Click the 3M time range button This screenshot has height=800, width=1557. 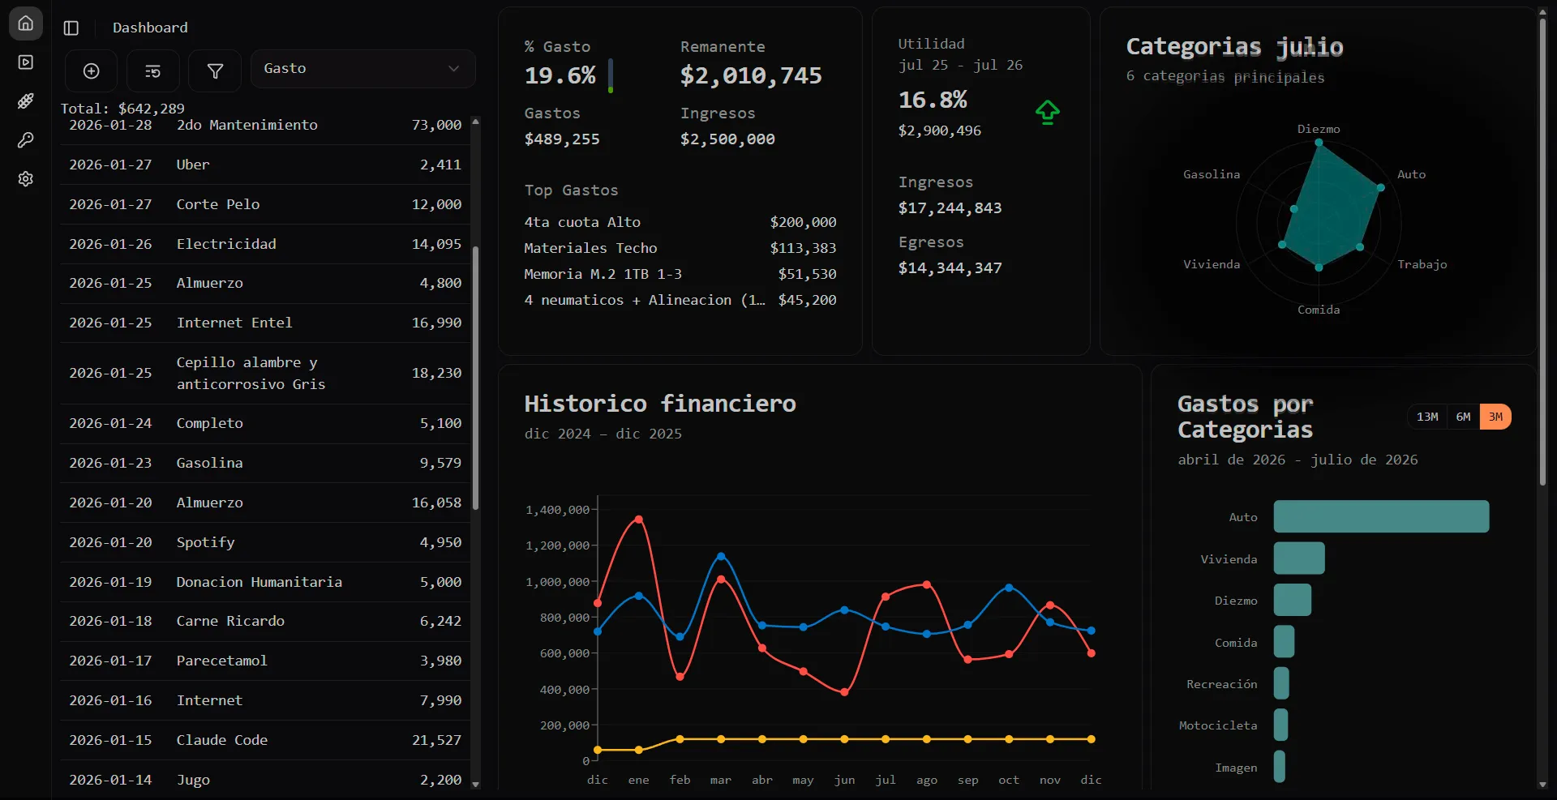(1495, 417)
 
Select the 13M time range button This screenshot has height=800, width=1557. (1427, 417)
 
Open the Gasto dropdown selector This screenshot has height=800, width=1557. (362, 69)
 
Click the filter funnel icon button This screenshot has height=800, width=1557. (215, 71)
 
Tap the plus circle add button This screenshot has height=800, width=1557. (92, 71)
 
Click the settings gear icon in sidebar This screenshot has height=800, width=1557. (26, 178)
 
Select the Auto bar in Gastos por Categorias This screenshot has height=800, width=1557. (1381, 516)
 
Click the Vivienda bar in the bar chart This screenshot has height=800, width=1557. (1299, 558)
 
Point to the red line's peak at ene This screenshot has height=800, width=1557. (639, 519)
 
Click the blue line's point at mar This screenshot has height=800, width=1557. (721, 556)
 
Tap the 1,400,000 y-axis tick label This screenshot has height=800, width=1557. (557, 510)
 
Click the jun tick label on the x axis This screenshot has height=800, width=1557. (844, 780)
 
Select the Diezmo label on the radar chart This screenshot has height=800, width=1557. (1319, 129)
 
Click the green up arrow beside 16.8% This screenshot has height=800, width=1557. (1048, 112)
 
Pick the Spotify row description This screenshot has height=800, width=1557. (206, 542)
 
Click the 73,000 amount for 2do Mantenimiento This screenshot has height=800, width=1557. (436, 125)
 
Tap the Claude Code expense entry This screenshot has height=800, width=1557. (222, 740)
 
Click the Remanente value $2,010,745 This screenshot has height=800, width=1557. (751, 75)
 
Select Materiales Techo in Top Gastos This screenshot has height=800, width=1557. (590, 248)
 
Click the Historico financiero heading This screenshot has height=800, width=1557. (660, 403)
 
